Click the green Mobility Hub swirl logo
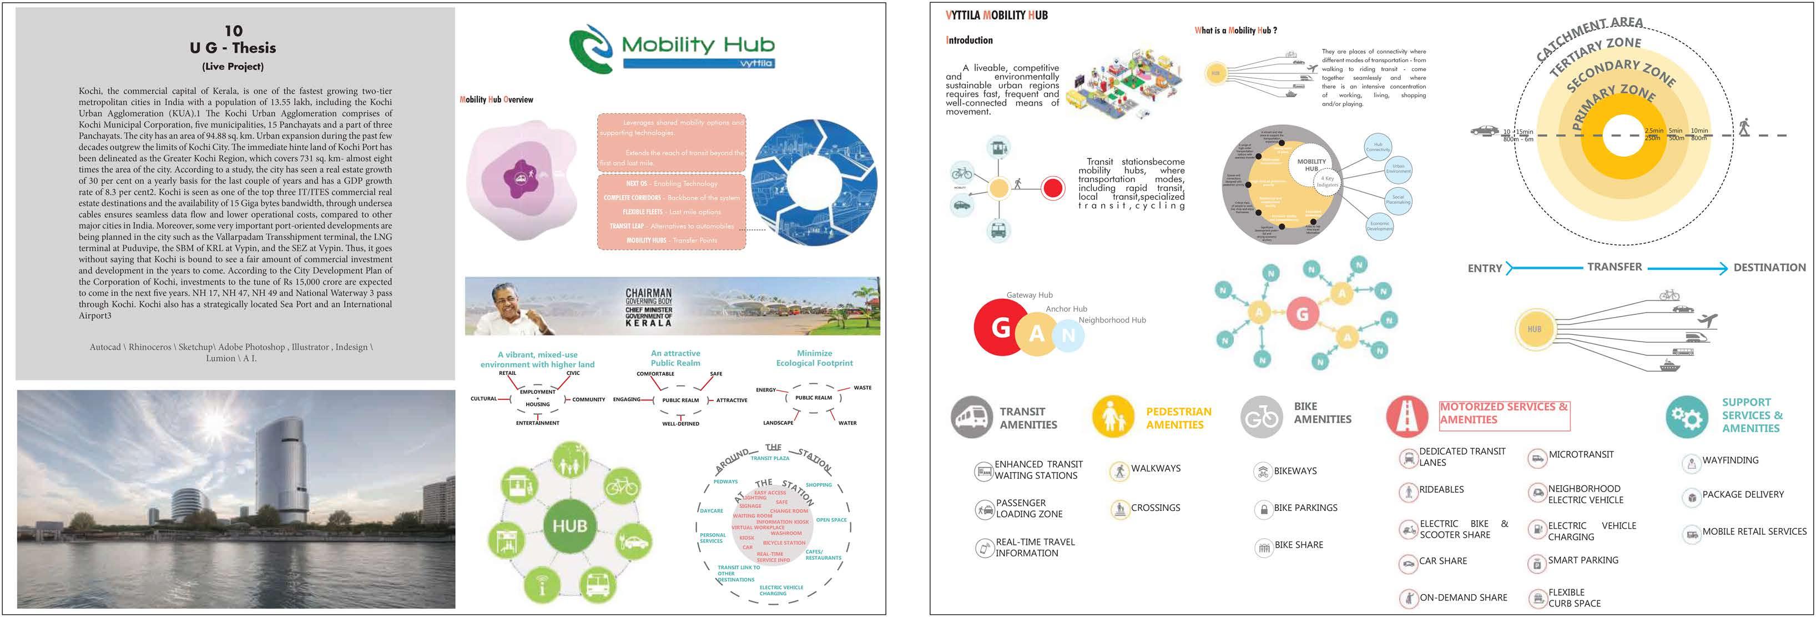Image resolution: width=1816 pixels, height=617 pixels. (x=591, y=48)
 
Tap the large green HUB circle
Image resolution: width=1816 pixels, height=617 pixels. (x=569, y=526)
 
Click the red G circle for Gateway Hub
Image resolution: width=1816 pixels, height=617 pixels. (x=1000, y=327)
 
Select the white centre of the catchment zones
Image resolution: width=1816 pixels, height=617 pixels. (x=1623, y=135)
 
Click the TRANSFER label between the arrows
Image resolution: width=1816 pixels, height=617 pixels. (x=1615, y=267)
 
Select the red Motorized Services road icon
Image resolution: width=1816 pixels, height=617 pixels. (x=1407, y=416)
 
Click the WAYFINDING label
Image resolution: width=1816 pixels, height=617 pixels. (x=1730, y=460)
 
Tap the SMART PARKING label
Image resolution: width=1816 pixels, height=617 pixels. (x=1583, y=560)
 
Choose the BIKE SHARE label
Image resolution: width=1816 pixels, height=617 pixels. (x=1299, y=545)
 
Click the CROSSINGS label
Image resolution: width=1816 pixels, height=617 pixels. (x=1155, y=508)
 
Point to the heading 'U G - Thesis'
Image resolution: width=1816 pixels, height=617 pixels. (x=233, y=48)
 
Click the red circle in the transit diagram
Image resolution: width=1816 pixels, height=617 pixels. (x=1052, y=188)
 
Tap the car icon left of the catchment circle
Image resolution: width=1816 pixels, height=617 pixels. (x=1485, y=131)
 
